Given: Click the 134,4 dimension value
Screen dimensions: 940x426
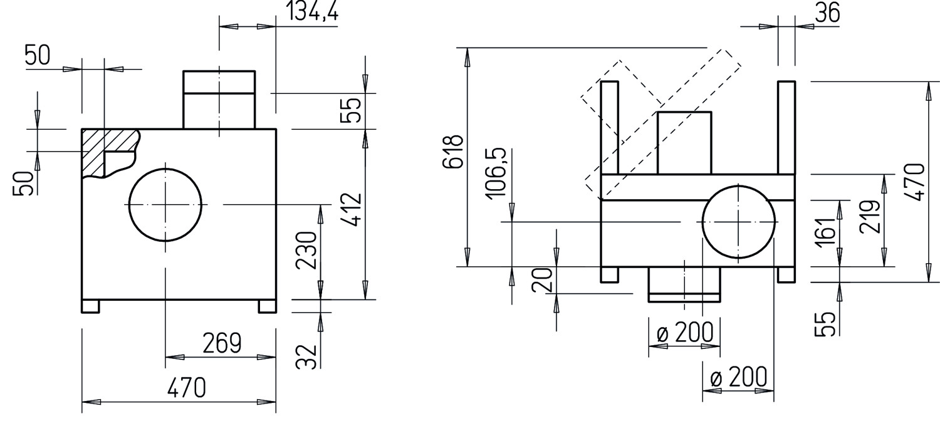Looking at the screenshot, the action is [312, 11].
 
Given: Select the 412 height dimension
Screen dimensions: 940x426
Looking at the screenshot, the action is [352, 209].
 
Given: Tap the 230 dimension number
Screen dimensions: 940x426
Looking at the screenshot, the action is [306, 250].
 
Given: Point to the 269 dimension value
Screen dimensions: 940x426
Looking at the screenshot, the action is [222, 343].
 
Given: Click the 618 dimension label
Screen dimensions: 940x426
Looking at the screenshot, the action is [454, 152].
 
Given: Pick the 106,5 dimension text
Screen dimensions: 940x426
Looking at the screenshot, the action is [497, 174].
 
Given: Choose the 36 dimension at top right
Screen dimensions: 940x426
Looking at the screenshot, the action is [828, 13].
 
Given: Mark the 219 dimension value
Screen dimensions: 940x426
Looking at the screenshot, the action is [870, 217].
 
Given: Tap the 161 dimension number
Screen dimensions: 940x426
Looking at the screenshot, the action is [825, 231].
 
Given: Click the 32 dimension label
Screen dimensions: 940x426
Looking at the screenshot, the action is [306, 356].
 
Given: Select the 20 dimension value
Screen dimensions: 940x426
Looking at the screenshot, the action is [542, 280].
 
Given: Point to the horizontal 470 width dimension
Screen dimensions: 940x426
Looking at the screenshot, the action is [187, 388].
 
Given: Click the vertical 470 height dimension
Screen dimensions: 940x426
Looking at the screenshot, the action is [915, 182].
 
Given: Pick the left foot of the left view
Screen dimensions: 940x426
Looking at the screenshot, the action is [91, 306].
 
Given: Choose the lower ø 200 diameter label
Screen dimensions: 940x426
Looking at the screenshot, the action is [739, 377].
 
